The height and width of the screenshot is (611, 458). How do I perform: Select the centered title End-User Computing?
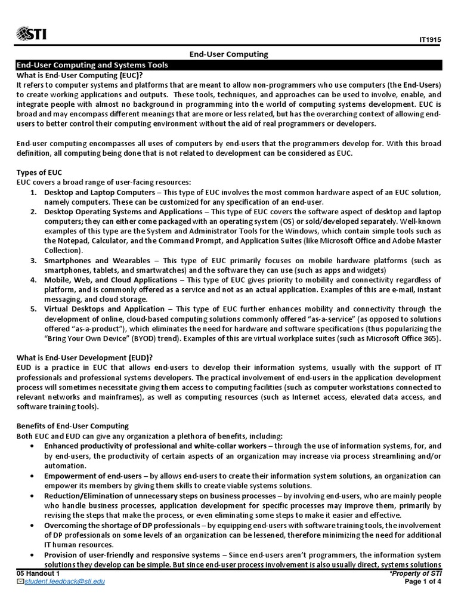(229, 54)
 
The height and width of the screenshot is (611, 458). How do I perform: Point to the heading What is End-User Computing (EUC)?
(80, 75)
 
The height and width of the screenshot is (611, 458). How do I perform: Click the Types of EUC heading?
(39, 172)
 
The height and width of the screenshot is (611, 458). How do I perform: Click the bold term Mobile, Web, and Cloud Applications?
(113, 280)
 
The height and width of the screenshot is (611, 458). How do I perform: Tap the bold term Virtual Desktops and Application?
(104, 309)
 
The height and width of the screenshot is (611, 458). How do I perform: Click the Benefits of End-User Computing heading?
(72, 425)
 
